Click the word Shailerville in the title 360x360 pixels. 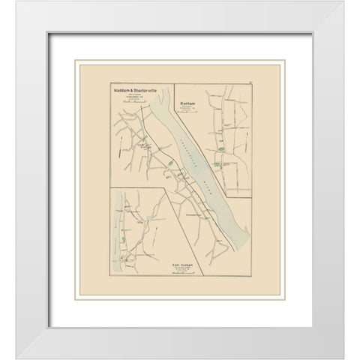click(142, 89)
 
